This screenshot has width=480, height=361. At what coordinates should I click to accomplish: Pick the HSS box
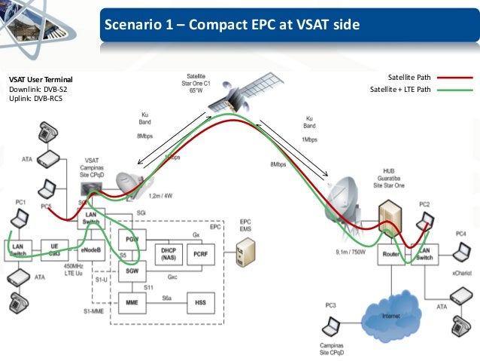200,303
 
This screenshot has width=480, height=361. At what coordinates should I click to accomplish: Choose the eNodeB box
90,249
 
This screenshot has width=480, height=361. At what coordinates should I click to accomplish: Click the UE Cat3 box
54,249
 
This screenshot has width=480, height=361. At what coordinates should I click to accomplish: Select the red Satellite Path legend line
453,77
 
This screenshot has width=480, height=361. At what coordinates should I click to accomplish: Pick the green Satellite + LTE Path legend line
453,90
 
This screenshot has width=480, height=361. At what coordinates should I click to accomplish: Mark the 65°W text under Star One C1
196,90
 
